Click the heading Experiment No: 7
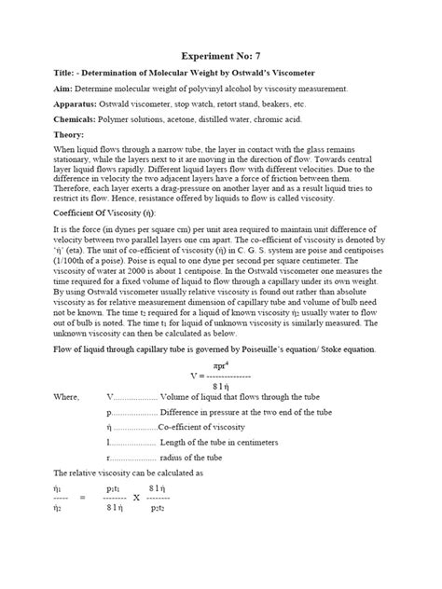coord(222,55)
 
